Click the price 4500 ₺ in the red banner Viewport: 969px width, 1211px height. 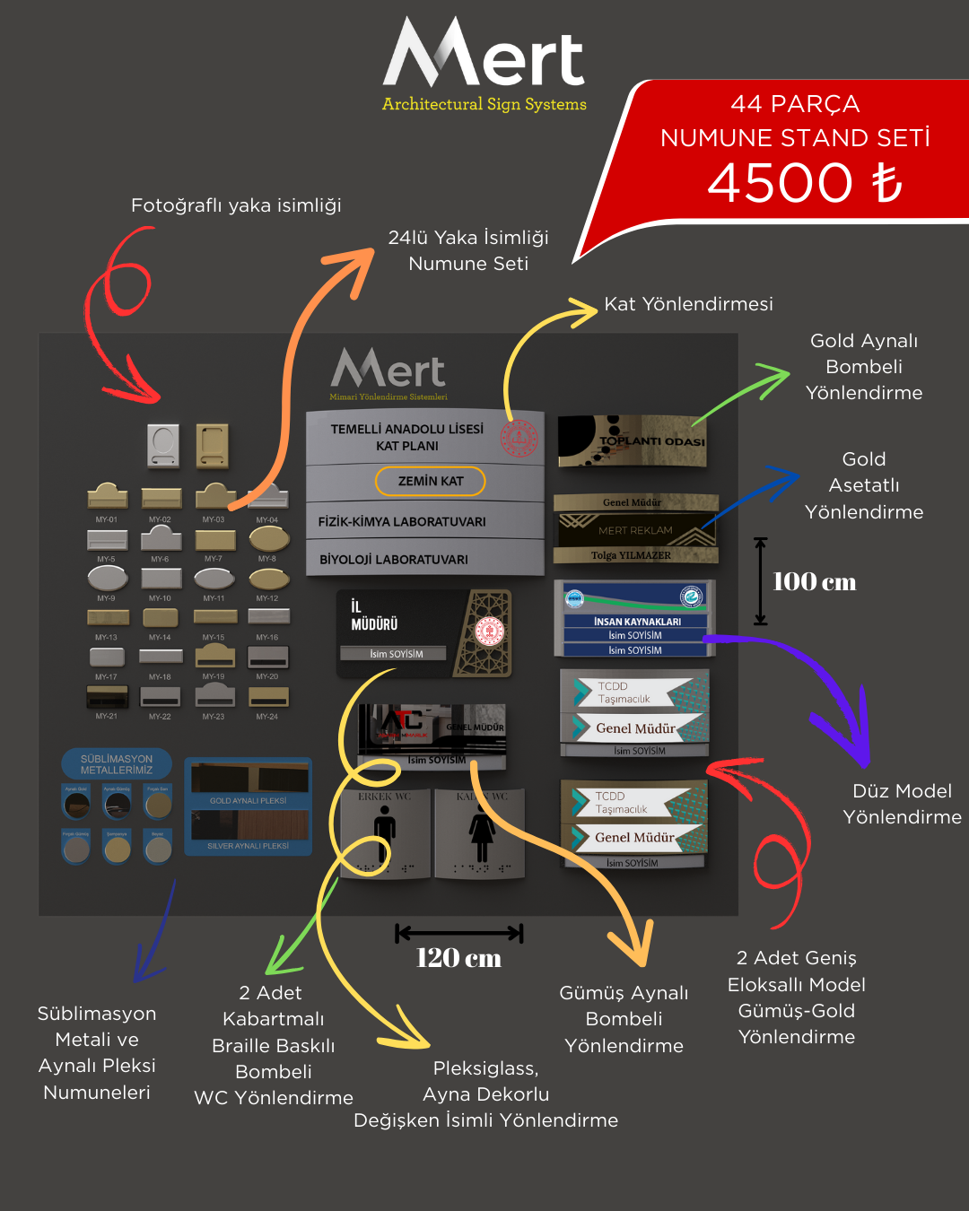pos(804,183)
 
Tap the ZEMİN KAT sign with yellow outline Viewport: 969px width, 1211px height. pos(431,481)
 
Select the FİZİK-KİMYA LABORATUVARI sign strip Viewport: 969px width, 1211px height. pos(402,521)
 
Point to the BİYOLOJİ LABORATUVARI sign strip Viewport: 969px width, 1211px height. pos(394,559)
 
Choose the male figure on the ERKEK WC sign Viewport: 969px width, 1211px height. pos(385,832)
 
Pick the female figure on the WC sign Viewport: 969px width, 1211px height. pos(482,832)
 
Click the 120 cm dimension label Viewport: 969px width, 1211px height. pos(458,958)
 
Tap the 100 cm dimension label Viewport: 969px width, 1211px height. pos(814,582)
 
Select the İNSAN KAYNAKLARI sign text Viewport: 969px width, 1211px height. pos(637,621)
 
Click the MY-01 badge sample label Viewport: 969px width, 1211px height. pos(107,519)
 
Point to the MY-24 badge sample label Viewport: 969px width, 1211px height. pos(267,717)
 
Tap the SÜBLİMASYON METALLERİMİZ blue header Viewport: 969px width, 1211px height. pos(117,764)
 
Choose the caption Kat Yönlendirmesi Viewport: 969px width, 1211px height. pos(688,304)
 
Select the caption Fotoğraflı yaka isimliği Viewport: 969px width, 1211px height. pos(236,205)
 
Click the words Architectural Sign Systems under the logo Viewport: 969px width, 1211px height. pos(484,104)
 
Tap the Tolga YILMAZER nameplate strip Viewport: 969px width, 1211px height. pos(632,555)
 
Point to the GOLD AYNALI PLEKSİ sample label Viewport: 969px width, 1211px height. pos(248,800)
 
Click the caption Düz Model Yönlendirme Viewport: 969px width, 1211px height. pos(902,804)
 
